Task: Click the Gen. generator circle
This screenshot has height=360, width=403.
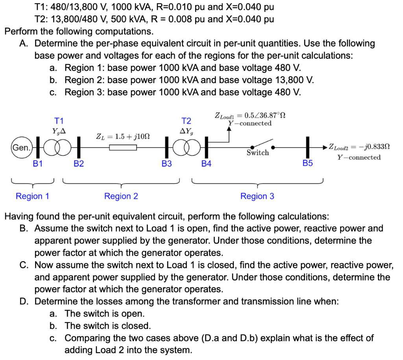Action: click(21, 148)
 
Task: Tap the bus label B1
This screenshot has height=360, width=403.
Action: click(38, 164)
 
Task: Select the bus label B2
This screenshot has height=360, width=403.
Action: click(79, 164)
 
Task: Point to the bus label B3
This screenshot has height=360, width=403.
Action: click(166, 164)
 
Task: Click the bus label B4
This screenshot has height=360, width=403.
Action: click(206, 164)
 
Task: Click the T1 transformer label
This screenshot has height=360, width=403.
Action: click(59, 120)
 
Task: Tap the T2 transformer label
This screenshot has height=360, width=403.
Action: click(186, 120)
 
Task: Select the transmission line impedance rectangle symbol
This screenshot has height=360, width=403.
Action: click(123, 148)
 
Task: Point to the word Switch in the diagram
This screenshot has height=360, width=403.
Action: click(258, 153)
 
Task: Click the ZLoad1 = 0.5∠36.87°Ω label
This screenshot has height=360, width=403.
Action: click(250, 115)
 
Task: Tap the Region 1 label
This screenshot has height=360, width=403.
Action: click(32, 196)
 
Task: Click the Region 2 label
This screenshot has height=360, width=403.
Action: click(121, 196)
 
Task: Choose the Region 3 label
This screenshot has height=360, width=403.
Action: click(257, 196)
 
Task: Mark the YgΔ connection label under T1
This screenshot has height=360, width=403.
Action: click(59, 130)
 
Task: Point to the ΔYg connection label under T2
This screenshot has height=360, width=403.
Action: click(187, 130)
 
